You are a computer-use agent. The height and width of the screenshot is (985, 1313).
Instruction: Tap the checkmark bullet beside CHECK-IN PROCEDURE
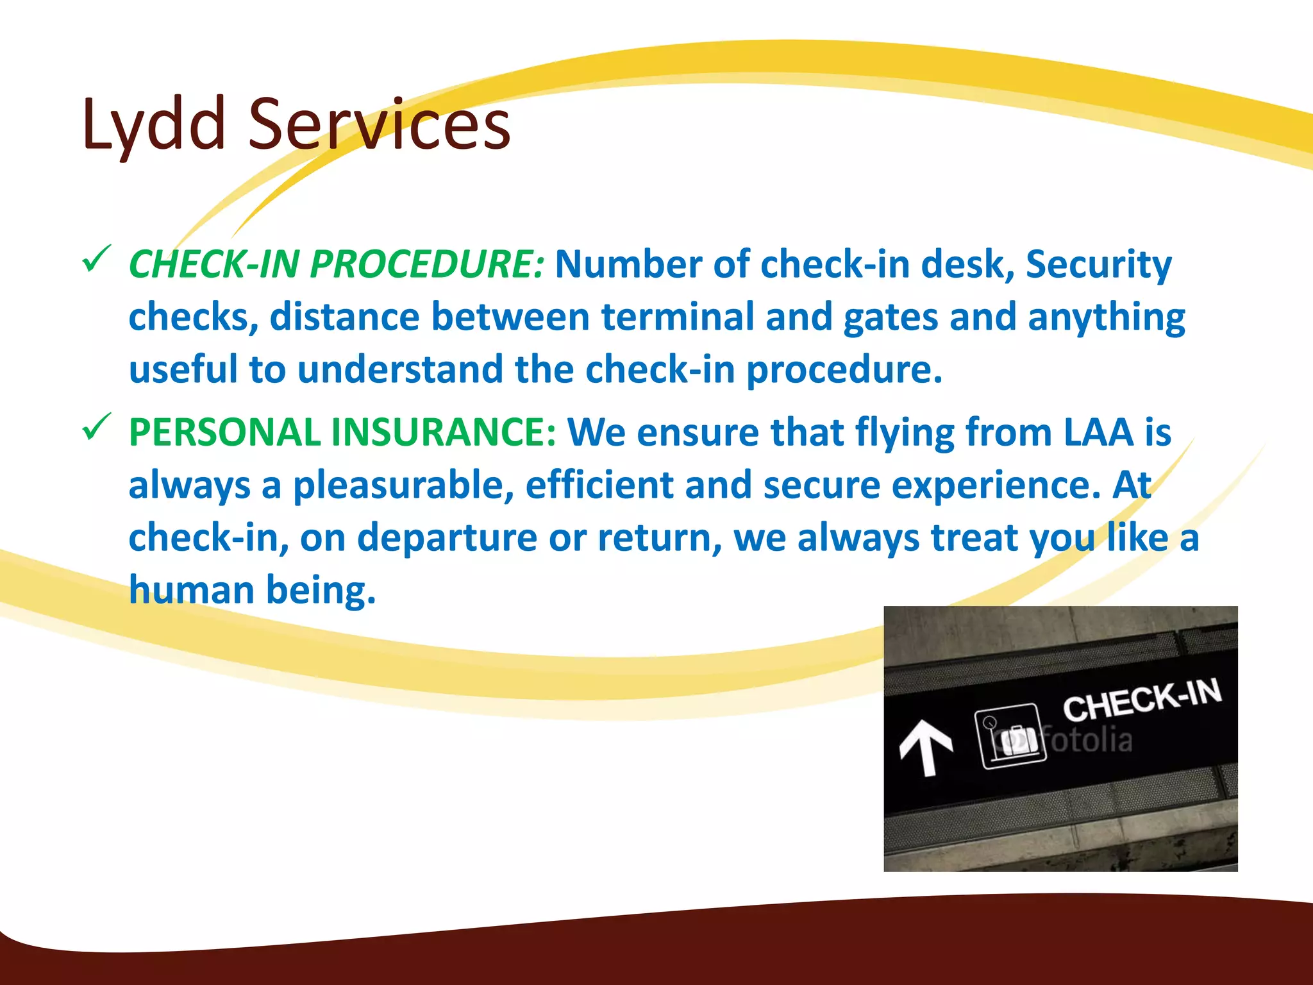pyautogui.click(x=97, y=260)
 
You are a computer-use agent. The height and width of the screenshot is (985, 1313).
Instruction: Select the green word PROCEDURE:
pyautogui.click(x=427, y=264)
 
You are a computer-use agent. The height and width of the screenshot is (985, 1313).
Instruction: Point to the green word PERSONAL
pyautogui.click(x=224, y=432)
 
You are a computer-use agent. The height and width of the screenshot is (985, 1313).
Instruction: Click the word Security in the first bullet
pyautogui.click(x=1098, y=264)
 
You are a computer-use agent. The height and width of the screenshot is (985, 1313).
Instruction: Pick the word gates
pyautogui.click(x=891, y=318)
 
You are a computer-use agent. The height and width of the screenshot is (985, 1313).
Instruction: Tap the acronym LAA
pyautogui.click(x=1098, y=432)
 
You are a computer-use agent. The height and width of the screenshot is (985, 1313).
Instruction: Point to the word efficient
pyautogui.click(x=599, y=485)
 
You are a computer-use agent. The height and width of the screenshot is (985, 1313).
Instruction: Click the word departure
pyautogui.click(x=447, y=538)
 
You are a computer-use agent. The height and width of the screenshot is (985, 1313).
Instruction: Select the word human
pyautogui.click(x=191, y=590)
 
